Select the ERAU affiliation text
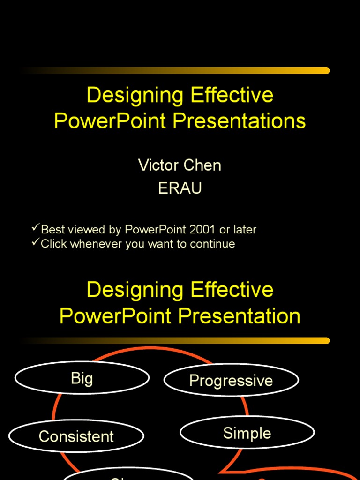pos(180,188)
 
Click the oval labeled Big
pos(82,378)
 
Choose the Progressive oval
pos(231,380)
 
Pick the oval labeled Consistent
pos(76,436)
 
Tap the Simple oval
pos(247,433)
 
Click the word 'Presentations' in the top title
pos(239,121)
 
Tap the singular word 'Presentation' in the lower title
pos(239,316)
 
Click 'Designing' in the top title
pos(135,96)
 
